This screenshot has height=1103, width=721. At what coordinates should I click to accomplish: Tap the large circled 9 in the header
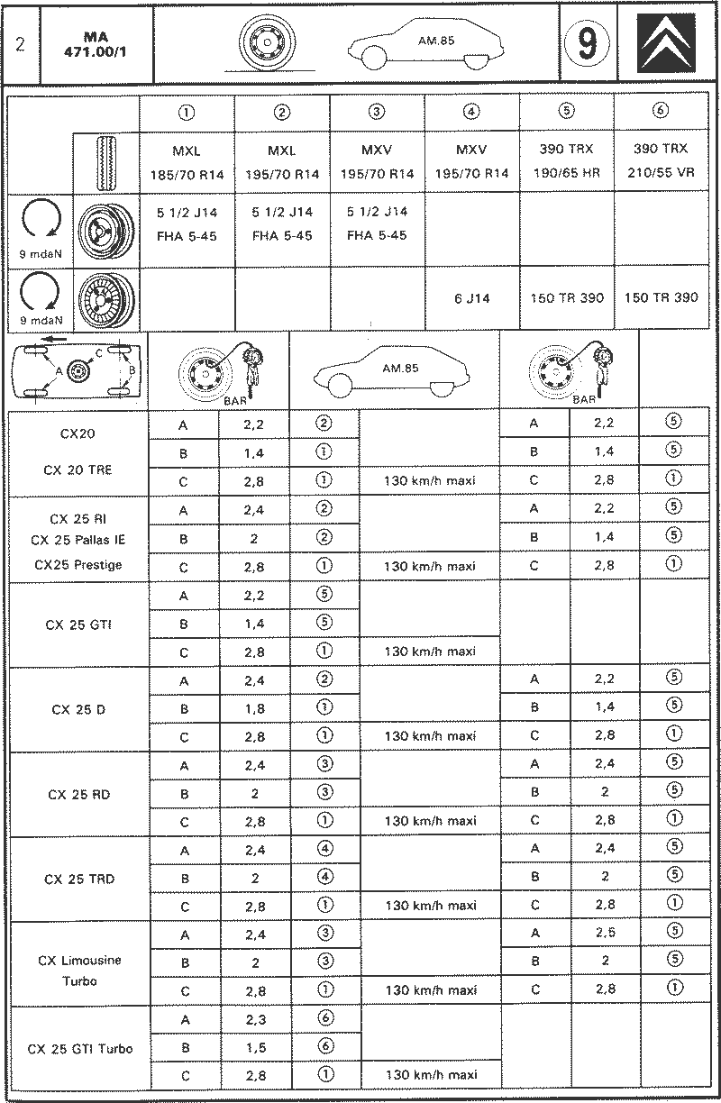coord(587,43)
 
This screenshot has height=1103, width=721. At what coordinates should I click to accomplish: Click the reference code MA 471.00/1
coord(96,44)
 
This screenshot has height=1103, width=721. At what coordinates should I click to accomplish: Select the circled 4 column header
coord(471,112)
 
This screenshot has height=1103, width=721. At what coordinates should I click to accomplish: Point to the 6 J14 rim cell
coord(471,298)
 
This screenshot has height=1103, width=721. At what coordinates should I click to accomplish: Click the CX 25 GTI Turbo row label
coord(80,1048)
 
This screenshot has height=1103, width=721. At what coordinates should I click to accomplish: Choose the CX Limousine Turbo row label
coord(79,971)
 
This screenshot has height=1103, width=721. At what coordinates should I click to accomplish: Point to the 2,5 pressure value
coord(605,933)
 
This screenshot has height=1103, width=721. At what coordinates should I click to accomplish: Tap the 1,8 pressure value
coord(254,708)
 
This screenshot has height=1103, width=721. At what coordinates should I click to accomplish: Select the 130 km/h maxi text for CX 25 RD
coord(430,821)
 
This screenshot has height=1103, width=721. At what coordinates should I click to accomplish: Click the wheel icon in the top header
coord(267,43)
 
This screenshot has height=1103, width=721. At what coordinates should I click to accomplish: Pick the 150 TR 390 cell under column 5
coord(566,298)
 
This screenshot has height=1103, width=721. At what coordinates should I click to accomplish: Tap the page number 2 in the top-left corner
coord(20,44)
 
